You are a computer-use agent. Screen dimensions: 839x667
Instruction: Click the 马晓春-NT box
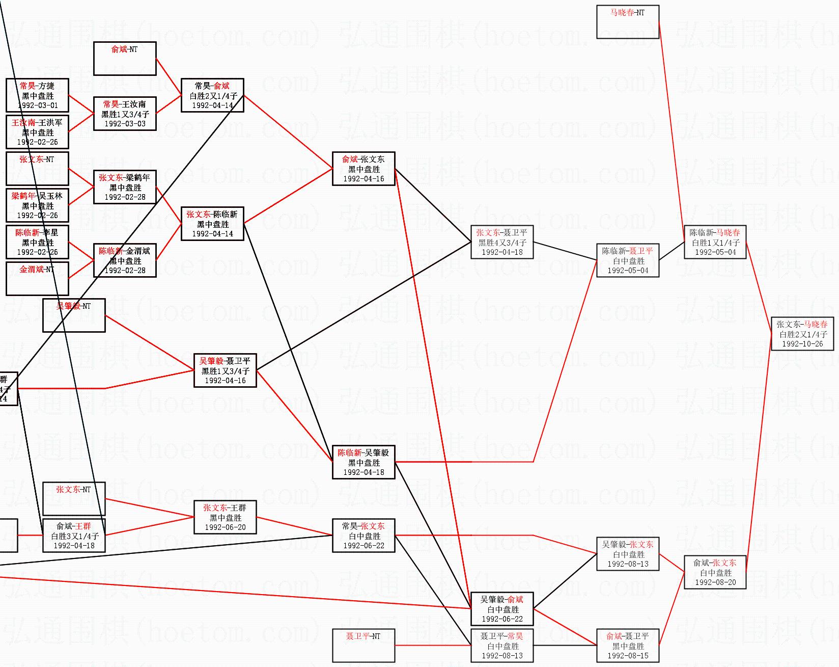tap(627, 22)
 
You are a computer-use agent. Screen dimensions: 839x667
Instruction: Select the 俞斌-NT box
tap(125, 58)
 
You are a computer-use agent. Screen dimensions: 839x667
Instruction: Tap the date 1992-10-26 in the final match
tap(802, 344)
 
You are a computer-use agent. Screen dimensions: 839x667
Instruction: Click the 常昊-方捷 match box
tap(37, 95)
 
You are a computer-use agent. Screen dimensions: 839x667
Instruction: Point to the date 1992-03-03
tap(125, 124)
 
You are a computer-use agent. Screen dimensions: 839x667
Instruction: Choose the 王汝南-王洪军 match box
tap(37, 132)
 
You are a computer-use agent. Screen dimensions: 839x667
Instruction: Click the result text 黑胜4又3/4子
tap(502, 243)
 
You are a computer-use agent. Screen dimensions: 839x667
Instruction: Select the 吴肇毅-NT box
tap(74, 315)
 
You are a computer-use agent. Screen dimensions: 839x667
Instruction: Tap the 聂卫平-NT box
tap(363, 645)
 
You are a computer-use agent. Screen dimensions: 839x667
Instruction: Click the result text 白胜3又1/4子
tap(74, 536)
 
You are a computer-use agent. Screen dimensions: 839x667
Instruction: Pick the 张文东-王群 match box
tap(225, 517)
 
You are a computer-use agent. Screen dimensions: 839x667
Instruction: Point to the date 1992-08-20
tap(715, 582)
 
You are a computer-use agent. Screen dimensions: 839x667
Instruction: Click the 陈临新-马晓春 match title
tap(715, 233)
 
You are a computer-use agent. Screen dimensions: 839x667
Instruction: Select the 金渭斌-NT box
tap(37, 278)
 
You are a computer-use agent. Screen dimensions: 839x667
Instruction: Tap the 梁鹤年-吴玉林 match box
tap(37, 205)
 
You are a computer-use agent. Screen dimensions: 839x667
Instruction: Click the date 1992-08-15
tap(628, 656)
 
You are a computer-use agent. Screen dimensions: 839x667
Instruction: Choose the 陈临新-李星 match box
tap(37, 242)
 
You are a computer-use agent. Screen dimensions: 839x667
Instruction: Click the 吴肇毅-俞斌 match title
tap(502, 600)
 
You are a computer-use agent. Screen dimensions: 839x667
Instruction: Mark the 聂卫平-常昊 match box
tap(502, 646)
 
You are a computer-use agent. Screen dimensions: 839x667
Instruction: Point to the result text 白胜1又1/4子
tap(715, 243)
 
